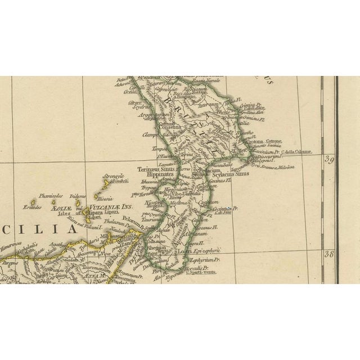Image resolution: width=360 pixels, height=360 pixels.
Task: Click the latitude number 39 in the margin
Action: tap(329, 159)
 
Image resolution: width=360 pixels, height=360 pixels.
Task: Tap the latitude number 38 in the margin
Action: tap(329, 255)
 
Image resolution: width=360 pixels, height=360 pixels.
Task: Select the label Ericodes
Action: tap(32, 208)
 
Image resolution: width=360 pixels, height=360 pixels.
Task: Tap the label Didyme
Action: tap(78, 197)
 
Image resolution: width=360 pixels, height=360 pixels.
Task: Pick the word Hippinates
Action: tap(152, 175)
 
